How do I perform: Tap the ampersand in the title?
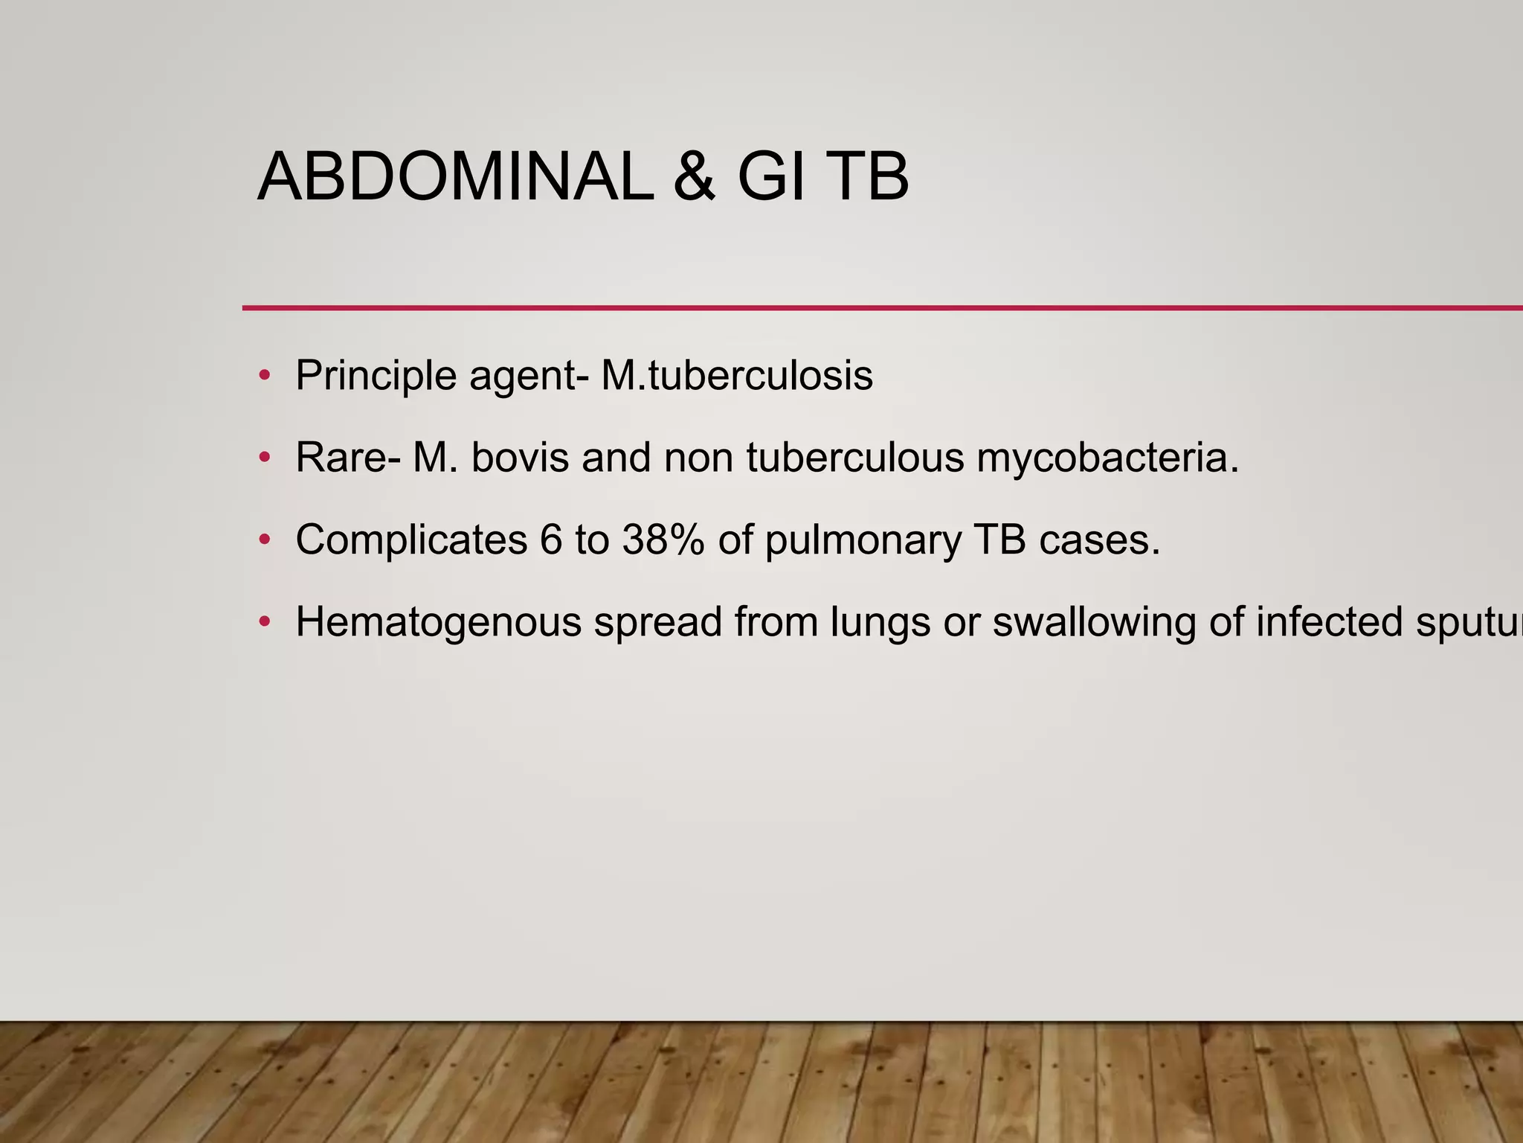[x=695, y=177]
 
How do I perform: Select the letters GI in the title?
[x=771, y=177]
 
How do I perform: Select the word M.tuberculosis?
[x=737, y=376]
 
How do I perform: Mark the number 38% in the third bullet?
[x=663, y=540]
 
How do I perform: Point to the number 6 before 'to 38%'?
[x=551, y=540]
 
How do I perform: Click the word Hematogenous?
[x=438, y=623]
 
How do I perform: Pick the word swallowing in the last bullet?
[x=1094, y=623]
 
